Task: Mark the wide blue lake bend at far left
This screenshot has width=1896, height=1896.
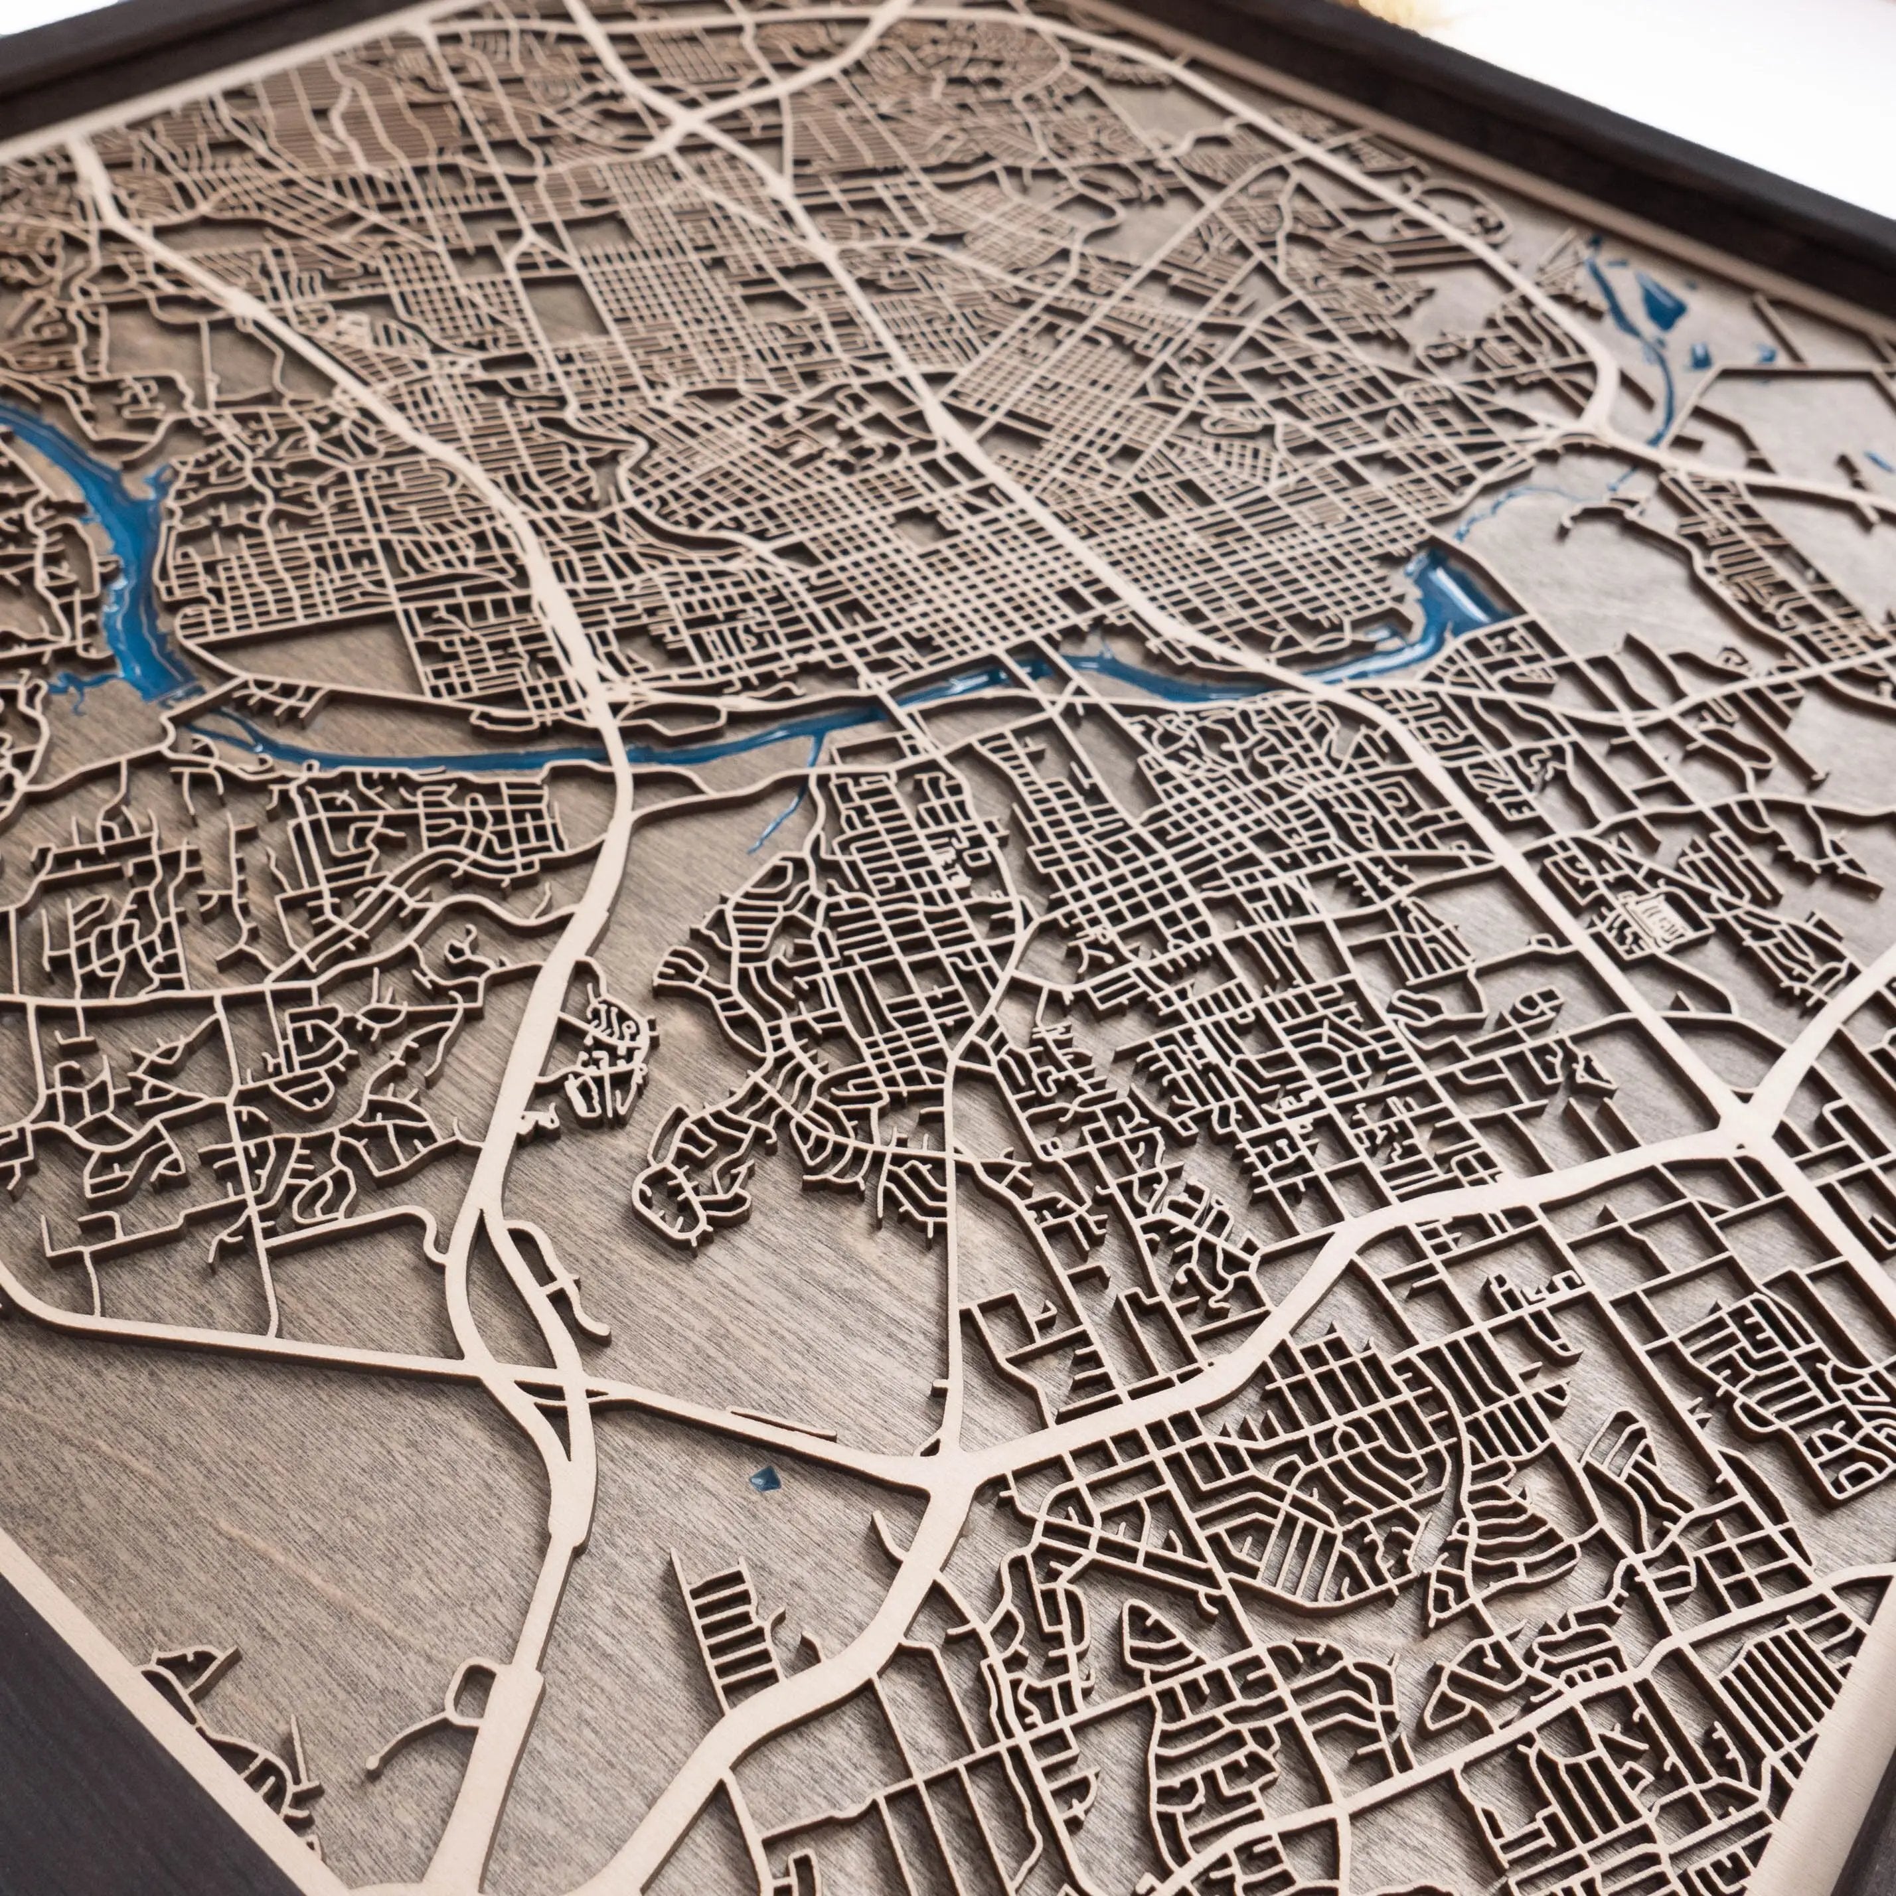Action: coord(127,550)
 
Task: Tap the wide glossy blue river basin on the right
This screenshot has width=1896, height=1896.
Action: coord(1447,599)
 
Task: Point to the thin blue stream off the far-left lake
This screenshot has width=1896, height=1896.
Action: coord(78,682)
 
